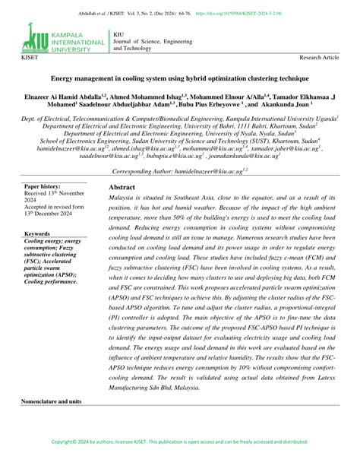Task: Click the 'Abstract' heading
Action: coord(122,186)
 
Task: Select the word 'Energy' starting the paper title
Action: coord(65,78)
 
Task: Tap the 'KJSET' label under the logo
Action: coord(31,58)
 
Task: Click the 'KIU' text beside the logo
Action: coord(119,33)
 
